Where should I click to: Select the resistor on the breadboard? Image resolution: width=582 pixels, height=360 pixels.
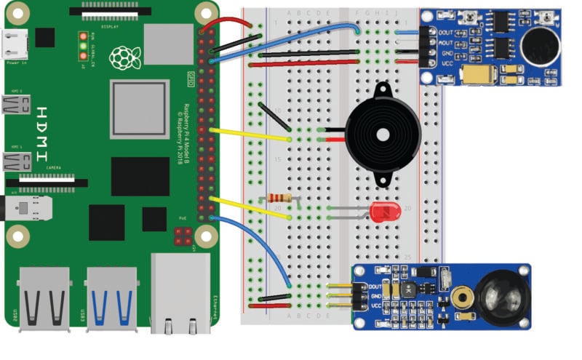point(279,198)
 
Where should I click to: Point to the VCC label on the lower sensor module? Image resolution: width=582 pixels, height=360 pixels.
point(376,305)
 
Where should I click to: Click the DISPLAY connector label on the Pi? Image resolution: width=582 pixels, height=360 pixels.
point(111,25)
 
